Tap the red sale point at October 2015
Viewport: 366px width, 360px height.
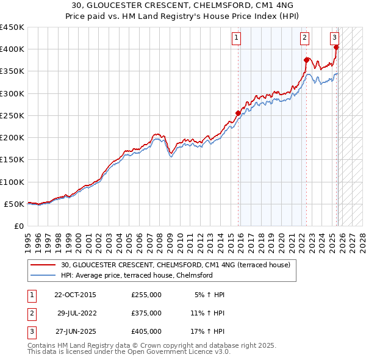[x=238, y=113]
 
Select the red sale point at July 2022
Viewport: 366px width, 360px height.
[x=306, y=60]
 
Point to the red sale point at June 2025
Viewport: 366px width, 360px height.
[x=336, y=47]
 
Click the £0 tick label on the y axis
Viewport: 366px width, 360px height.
[x=18, y=226]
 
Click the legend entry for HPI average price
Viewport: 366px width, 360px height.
[x=137, y=275]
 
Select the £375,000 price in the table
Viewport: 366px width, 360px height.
[x=146, y=313]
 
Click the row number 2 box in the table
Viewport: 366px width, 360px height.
[x=31, y=313]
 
